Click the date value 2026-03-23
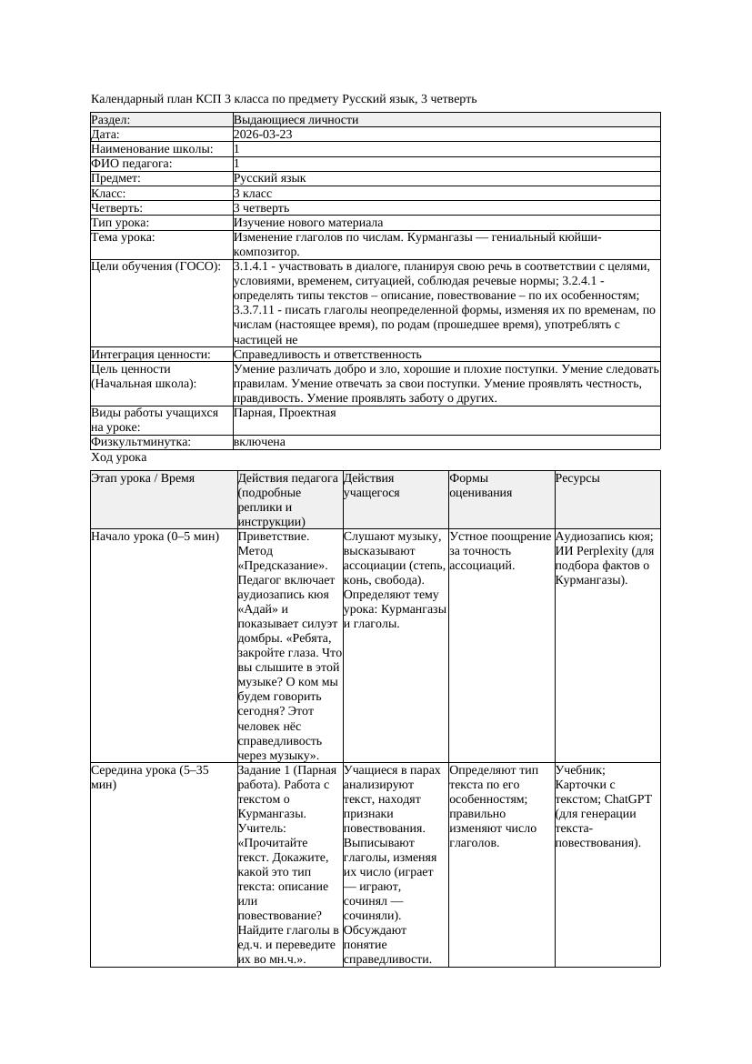click(263, 135)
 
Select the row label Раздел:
click(111, 120)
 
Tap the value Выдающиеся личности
click(296, 120)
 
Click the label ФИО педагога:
click(132, 164)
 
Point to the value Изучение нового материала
click(308, 223)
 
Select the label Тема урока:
click(123, 237)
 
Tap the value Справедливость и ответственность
click(327, 355)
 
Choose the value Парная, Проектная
click(285, 413)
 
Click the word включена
click(259, 442)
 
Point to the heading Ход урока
click(119, 458)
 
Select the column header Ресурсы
click(577, 478)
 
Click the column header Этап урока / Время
click(143, 478)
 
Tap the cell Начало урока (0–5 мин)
click(155, 537)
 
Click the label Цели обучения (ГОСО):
click(156, 266)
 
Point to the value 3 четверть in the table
click(262, 208)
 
